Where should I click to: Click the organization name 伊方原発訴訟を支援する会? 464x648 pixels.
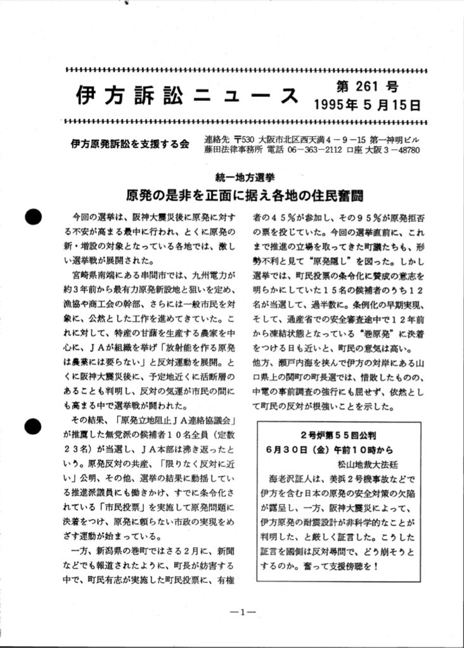tap(129, 144)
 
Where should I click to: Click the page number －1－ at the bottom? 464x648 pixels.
tap(242, 612)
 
